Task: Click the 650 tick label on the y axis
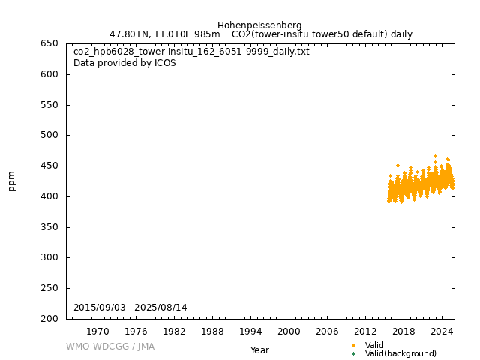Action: pyautogui.click(x=50, y=43)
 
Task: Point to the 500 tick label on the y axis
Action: pyautogui.click(x=50, y=136)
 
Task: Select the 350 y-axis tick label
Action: pyautogui.click(x=50, y=227)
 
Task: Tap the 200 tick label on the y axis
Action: pyautogui.click(x=50, y=319)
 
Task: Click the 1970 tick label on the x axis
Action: pyautogui.click(x=97, y=331)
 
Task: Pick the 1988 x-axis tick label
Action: pyautogui.click(x=212, y=331)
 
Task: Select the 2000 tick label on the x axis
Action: pyautogui.click(x=289, y=331)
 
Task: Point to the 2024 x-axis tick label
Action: pyautogui.click(x=442, y=331)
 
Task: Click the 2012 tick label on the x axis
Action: pyautogui.click(x=365, y=331)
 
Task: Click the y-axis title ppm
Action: pyautogui.click(x=12, y=181)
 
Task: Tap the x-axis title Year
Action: pyautogui.click(x=259, y=350)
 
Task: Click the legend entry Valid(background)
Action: pyautogui.click(x=400, y=354)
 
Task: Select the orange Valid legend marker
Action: pyautogui.click(x=353, y=345)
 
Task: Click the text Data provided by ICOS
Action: pyautogui.click(x=124, y=63)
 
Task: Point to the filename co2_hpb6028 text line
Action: pyautogui.click(x=191, y=52)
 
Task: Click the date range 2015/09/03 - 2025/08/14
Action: pyautogui.click(x=130, y=307)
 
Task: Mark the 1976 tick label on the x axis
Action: pyautogui.click(x=136, y=331)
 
